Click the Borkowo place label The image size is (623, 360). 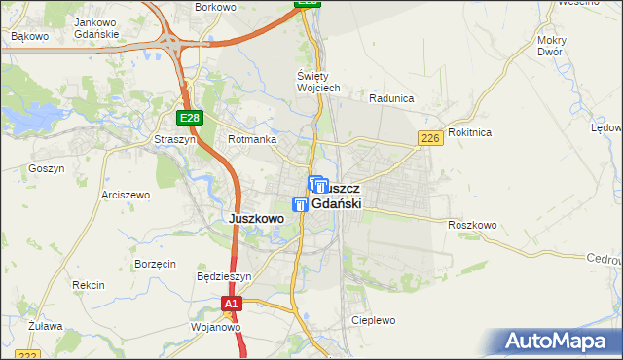coord(216,6)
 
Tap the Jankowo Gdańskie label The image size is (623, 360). coord(95,28)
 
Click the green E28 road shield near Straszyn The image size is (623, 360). coord(190,118)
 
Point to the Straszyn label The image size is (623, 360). coord(174,139)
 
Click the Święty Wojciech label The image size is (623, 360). coord(317,82)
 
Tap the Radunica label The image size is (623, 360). coord(392,98)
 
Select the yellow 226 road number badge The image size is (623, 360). coord(432,139)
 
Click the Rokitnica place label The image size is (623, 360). coord(470,132)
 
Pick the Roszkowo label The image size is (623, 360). coord(472,225)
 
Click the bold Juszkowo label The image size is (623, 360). coord(255,219)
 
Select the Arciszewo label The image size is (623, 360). coord(126,195)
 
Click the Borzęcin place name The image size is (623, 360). coord(156,264)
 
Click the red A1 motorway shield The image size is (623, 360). coord(230,305)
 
